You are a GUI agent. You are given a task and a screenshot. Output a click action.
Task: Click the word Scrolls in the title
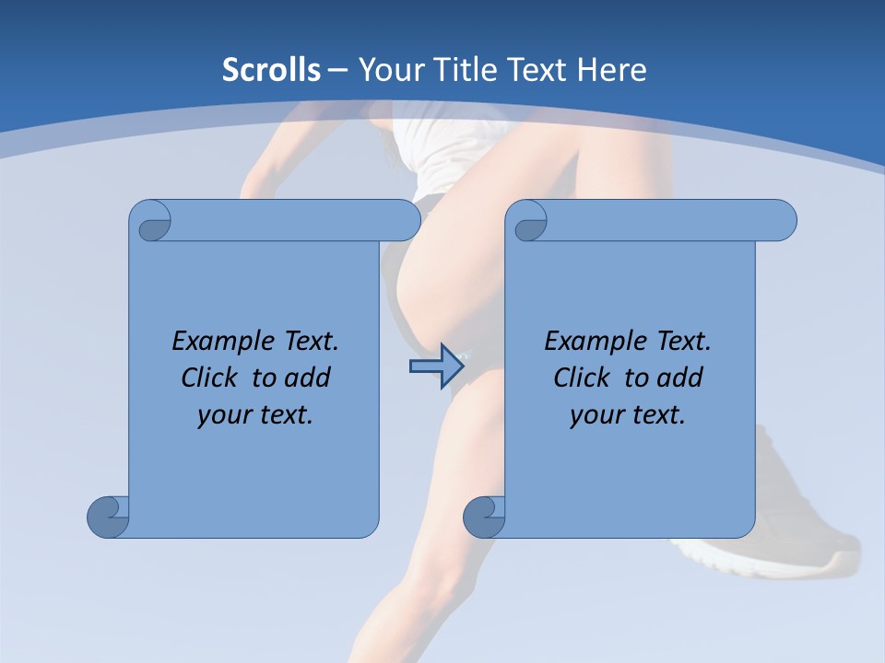pos(271,70)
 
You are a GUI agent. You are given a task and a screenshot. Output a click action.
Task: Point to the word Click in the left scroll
pos(212,378)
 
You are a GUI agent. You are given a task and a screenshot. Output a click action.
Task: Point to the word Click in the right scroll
pos(584,378)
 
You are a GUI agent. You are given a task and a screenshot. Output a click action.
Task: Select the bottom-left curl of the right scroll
pos(483,517)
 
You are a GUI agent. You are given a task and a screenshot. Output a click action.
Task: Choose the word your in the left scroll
pos(222,416)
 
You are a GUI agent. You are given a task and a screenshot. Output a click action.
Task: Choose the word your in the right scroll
pos(595,416)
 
